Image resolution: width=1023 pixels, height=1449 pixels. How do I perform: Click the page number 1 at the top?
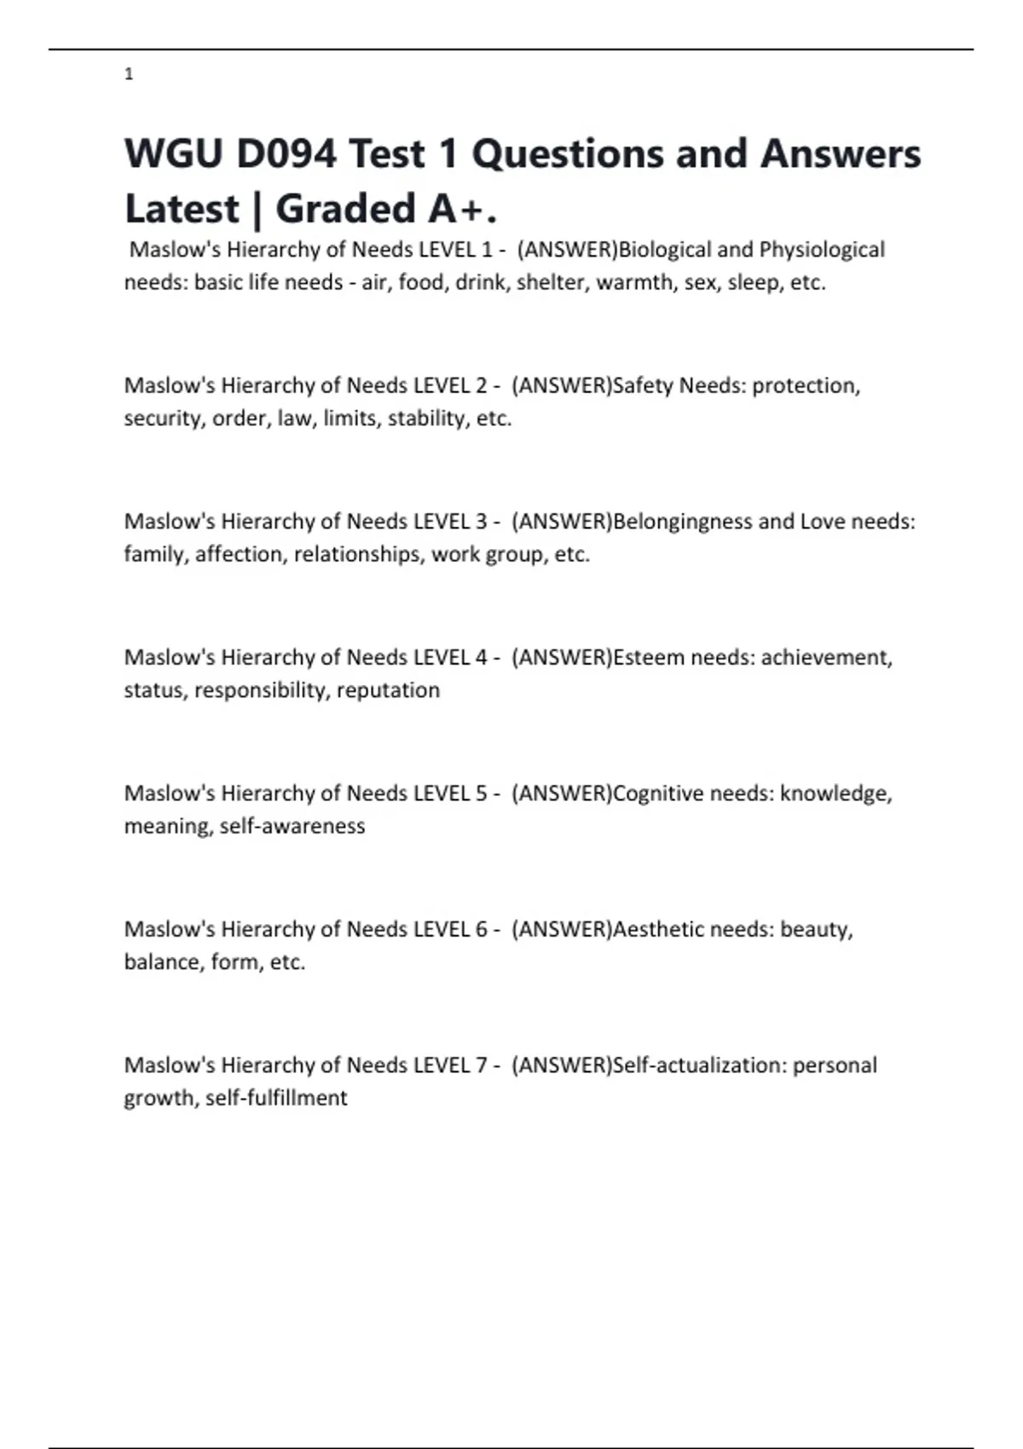(x=129, y=74)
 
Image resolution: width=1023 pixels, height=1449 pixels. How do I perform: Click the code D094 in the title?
(x=286, y=154)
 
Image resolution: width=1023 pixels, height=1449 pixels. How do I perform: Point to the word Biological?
(x=665, y=250)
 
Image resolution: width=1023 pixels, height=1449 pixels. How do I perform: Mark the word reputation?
(x=388, y=690)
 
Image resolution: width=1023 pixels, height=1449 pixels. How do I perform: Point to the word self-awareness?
(x=292, y=826)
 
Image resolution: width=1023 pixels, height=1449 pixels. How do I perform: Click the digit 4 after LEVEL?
(x=481, y=657)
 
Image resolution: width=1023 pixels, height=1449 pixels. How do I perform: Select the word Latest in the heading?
(x=182, y=209)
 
